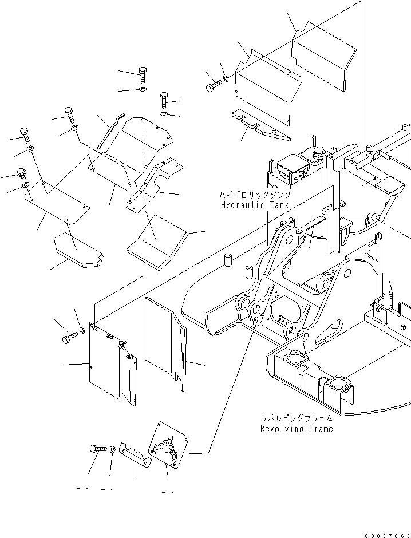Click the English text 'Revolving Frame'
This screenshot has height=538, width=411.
point(296,428)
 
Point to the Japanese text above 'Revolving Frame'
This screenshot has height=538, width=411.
point(297,418)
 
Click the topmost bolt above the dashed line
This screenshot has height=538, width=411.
point(143,74)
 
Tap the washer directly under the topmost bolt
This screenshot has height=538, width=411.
point(142,90)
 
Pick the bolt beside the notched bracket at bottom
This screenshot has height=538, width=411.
point(96,450)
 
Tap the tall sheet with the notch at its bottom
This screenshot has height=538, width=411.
point(165,343)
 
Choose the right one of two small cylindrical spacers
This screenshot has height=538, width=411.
point(249,271)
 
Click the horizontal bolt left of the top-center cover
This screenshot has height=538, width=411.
point(213,86)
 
